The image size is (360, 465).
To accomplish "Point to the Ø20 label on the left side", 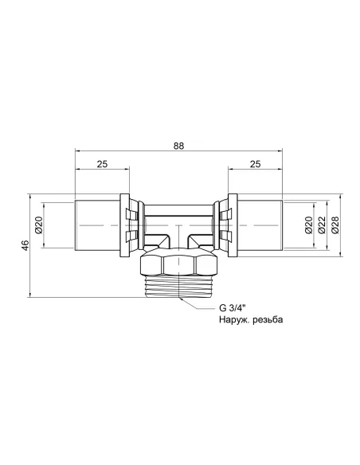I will (37, 225).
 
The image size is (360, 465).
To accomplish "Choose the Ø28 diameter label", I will (336, 225).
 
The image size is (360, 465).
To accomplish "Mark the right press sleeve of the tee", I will (258, 225).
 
